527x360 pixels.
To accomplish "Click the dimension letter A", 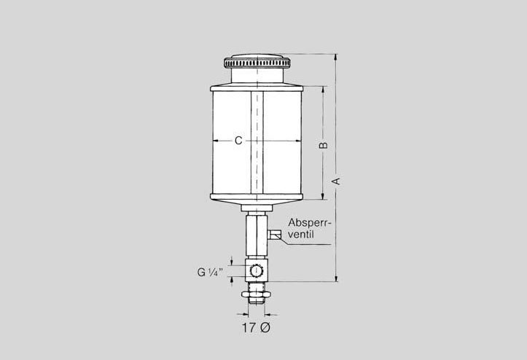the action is [336, 181].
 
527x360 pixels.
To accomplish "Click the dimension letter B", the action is [323, 145].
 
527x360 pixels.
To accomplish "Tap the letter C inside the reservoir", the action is [238, 141].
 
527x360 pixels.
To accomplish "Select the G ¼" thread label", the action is [210, 272].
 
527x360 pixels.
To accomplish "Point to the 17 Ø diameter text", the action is [256, 327].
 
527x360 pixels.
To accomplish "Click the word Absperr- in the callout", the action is [310, 223].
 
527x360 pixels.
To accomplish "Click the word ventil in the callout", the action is [301, 234].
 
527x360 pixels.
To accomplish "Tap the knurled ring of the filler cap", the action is [257, 63].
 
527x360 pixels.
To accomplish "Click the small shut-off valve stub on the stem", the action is [274, 234].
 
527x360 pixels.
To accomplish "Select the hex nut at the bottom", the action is [256, 294].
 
